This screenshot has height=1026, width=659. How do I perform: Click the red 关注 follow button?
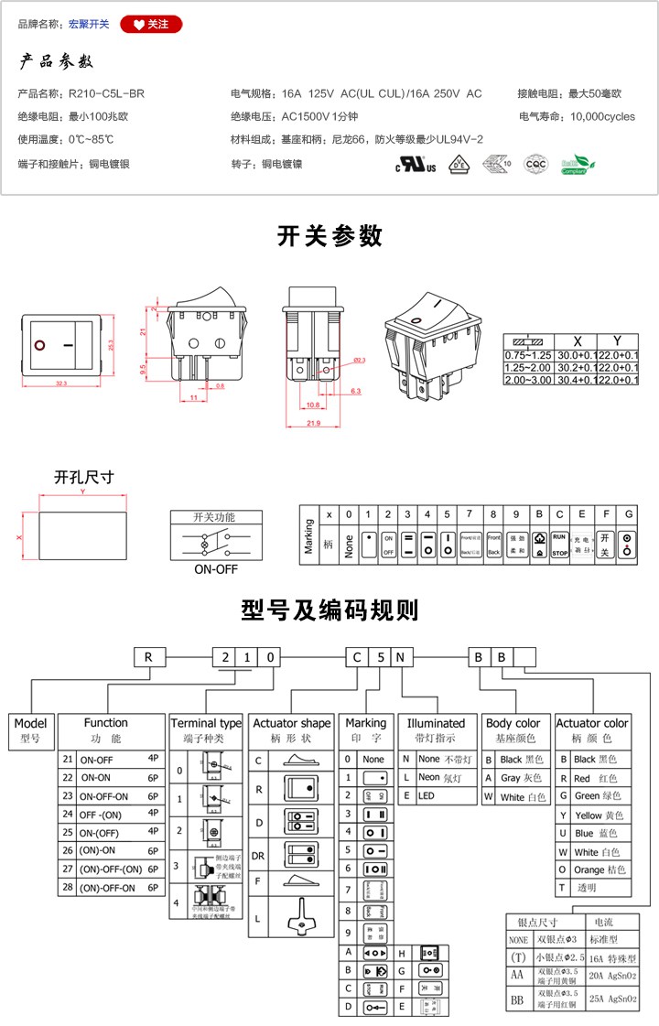coord(151,25)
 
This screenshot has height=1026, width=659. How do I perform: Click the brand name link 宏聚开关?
coord(89,25)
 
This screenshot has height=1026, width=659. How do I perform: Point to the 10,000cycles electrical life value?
coord(602,117)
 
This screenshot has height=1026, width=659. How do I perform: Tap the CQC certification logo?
coord(535,165)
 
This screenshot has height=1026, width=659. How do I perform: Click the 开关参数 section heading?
coord(329,236)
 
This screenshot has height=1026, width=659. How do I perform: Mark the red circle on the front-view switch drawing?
coord(39,346)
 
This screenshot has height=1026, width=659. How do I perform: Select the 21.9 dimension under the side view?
coord(313,424)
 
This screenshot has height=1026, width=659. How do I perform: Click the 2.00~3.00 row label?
coord(528,380)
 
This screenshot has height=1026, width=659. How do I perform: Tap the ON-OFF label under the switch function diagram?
coord(215,568)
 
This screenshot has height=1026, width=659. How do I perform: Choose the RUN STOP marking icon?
coord(560,545)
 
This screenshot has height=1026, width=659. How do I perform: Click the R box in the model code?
coord(146,656)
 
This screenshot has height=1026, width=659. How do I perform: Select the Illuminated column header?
coord(436,723)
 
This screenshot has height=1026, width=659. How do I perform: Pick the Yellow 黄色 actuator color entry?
coord(600,815)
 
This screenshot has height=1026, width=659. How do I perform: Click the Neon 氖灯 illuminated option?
coord(443,778)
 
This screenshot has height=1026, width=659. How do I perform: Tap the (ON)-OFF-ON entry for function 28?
coord(108,888)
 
